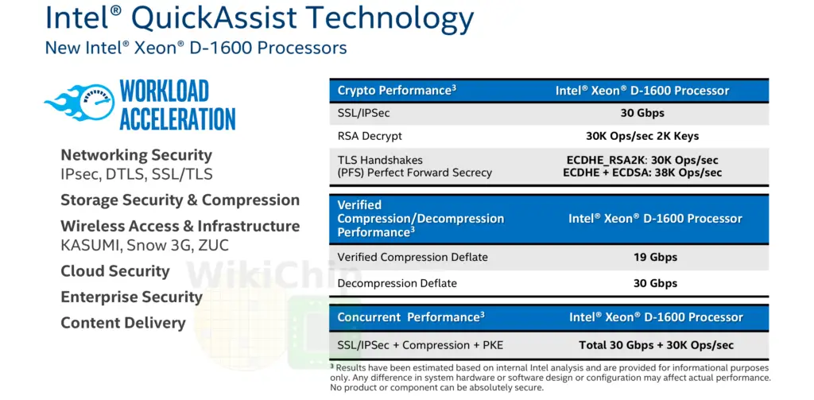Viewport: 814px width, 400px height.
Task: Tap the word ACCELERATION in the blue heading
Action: click(177, 118)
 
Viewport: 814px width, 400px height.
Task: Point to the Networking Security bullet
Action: click(137, 155)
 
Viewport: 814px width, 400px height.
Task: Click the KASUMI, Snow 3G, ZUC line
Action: click(145, 245)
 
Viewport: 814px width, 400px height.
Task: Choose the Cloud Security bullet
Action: click(115, 271)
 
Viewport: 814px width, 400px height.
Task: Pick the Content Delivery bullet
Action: click(123, 323)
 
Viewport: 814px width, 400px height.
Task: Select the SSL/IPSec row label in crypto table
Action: click(363, 113)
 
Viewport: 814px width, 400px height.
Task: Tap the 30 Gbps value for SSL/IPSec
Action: click(642, 113)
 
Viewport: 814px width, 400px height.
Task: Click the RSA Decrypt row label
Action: click(370, 137)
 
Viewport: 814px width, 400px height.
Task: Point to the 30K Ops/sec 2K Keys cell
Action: click(642, 136)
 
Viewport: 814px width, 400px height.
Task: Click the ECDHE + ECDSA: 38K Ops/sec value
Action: click(642, 173)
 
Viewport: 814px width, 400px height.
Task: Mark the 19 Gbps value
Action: click(656, 257)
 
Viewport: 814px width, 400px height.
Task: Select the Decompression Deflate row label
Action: click(397, 284)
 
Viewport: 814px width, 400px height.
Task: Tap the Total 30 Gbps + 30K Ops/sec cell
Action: click(656, 345)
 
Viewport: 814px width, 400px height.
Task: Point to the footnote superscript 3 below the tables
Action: click(331, 367)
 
